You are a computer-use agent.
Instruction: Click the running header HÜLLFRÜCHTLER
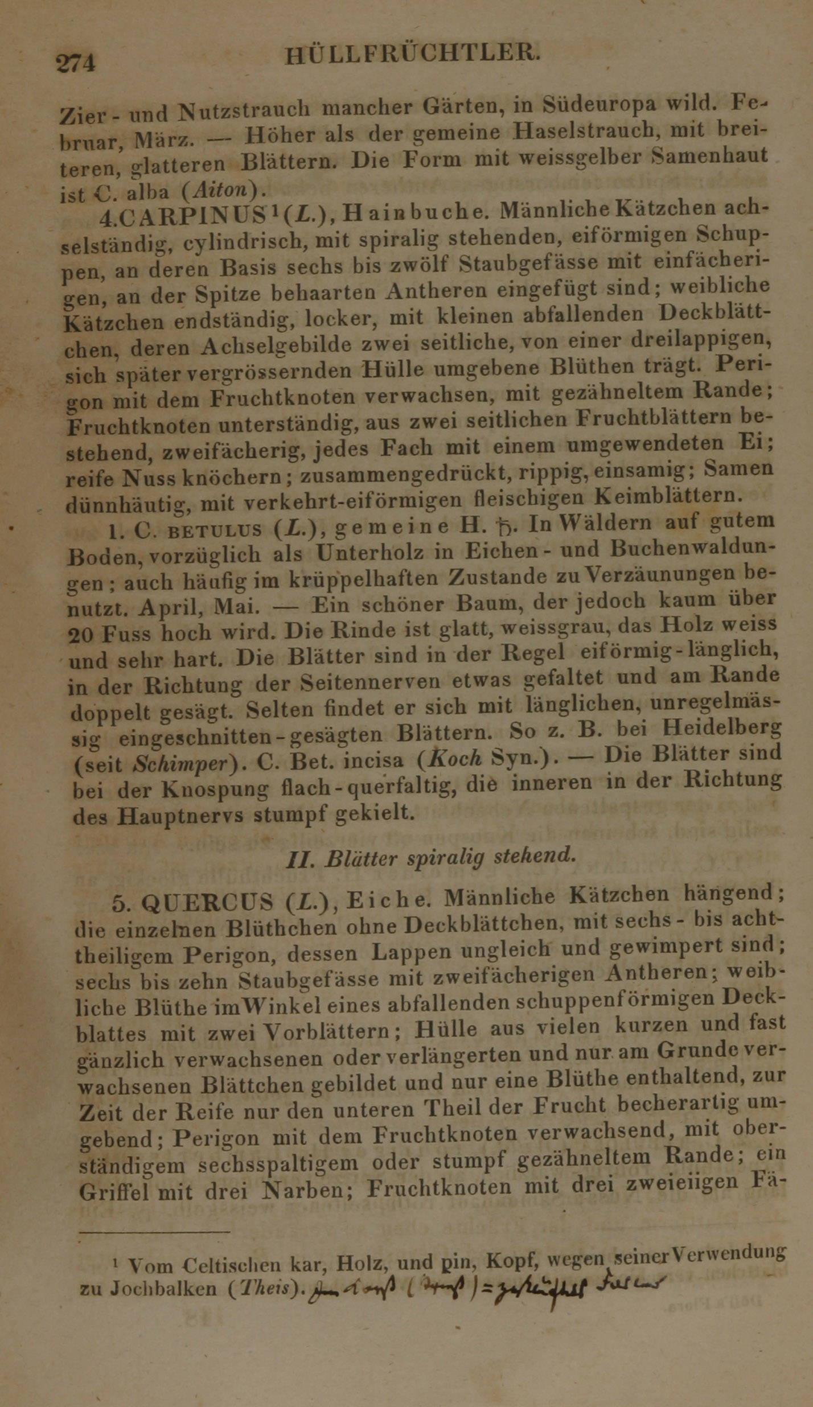tap(411, 55)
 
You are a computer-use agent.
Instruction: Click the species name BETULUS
tap(216, 531)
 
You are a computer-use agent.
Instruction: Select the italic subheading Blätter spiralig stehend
tap(431, 858)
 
